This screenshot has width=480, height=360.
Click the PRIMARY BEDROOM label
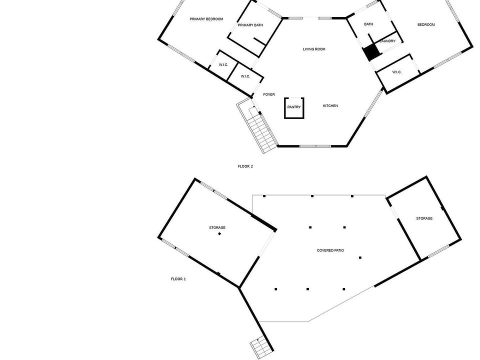pyautogui.click(x=206, y=19)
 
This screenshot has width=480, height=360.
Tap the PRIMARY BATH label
pyautogui.click(x=250, y=25)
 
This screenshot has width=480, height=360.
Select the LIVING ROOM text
pyautogui.click(x=314, y=49)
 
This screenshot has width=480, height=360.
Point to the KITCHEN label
pyautogui.click(x=330, y=105)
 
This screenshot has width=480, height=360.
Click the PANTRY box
pyautogui.click(x=293, y=107)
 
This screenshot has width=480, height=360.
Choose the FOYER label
pyautogui.click(x=269, y=94)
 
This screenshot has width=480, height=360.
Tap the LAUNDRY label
pyautogui.click(x=387, y=41)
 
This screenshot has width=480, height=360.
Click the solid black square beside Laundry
pyautogui.click(x=370, y=52)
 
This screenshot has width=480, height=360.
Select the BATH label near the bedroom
pyautogui.click(x=368, y=24)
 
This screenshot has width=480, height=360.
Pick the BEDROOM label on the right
pyautogui.click(x=426, y=24)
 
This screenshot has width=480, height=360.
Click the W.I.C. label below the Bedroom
pyautogui.click(x=397, y=72)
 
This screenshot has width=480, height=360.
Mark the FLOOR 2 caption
pyautogui.click(x=245, y=166)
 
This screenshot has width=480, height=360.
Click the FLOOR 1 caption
pyautogui.click(x=178, y=278)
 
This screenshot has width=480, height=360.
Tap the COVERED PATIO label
pyautogui.click(x=330, y=250)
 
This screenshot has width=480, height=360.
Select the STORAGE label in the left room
pyautogui.click(x=217, y=227)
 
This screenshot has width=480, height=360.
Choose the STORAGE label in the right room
pyautogui.click(x=424, y=218)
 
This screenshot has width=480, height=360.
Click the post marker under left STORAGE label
pyautogui.click(x=219, y=234)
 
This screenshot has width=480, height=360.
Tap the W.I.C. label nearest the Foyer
pyautogui.click(x=245, y=76)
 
